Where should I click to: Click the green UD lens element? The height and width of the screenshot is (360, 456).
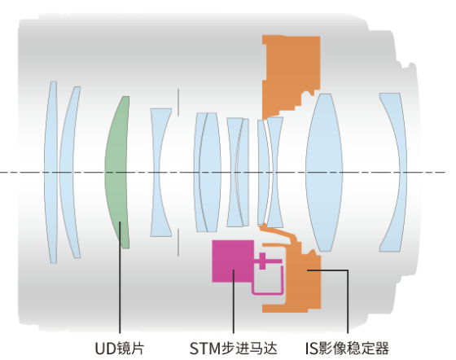[118, 172]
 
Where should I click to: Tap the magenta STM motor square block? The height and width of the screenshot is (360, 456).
[233, 261]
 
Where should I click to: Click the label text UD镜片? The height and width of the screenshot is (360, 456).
[120, 348]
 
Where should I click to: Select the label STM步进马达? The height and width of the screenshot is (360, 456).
[234, 348]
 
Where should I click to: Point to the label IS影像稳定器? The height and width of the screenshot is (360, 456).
[347, 348]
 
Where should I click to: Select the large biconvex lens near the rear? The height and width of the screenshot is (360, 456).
[324, 172]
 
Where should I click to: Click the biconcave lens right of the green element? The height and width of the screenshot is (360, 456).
[160, 172]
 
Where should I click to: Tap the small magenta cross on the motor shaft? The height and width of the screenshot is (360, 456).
[262, 261]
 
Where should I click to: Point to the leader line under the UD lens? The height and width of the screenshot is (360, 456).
[120, 277]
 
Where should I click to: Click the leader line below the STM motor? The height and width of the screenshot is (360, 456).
[233, 301]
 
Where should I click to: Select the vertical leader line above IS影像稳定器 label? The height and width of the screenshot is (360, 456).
[348, 301]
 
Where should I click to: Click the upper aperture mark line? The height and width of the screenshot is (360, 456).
[178, 103]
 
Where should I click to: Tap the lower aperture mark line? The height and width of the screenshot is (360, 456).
[178, 242]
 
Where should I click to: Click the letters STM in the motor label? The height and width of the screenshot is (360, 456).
[205, 348]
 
